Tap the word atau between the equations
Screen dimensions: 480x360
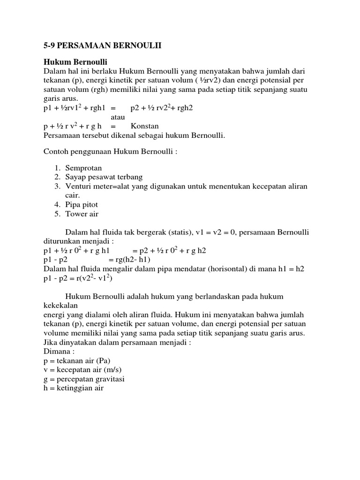[x=118, y=117]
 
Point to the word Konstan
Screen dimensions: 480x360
[x=145, y=126]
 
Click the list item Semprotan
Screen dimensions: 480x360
[x=83, y=168]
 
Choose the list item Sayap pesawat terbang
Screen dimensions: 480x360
[x=104, y=177]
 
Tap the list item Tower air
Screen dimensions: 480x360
[x=82, y=214]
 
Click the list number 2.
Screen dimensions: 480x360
[x=57, y=177]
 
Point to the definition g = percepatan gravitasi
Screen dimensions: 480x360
[x=84, y=379]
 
